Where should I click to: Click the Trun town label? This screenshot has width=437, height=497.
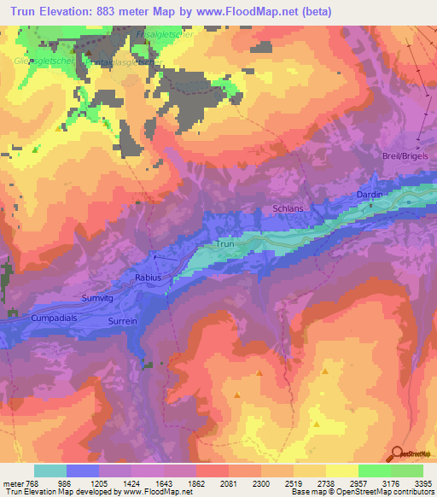pyautogui.click(x=224, y=244)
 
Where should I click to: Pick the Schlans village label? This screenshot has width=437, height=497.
pyautogui.click(x=287, y=208)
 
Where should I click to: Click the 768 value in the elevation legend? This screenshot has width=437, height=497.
pyautogui.click(x=31, y=483)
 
